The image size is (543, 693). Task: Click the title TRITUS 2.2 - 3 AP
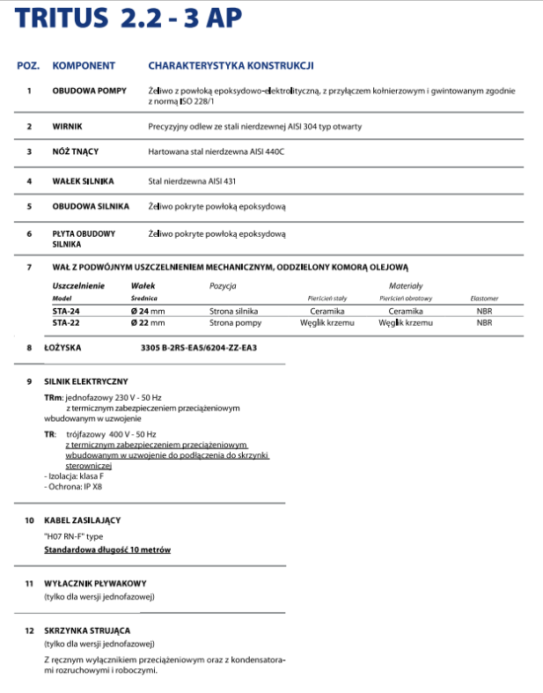coord(128,20)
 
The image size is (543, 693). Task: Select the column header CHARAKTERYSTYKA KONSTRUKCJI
coord(231,66)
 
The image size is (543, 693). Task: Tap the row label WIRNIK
coord(68,127)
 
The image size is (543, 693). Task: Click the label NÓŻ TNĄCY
coord(75,151)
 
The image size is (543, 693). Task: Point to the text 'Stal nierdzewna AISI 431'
coord(190,181)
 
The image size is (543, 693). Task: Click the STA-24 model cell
coord(67,312)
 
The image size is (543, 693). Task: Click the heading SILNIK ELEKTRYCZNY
coord(86,381)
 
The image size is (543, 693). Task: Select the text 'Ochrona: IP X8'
coord(73,486)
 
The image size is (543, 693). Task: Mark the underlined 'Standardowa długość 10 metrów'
coord(107,549)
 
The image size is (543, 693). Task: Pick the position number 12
coord(29,630)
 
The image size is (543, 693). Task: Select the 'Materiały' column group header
coord(406,286)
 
